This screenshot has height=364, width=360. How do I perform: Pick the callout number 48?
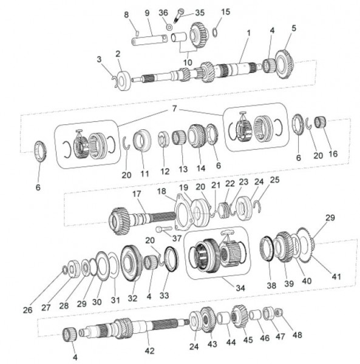[296, 334]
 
